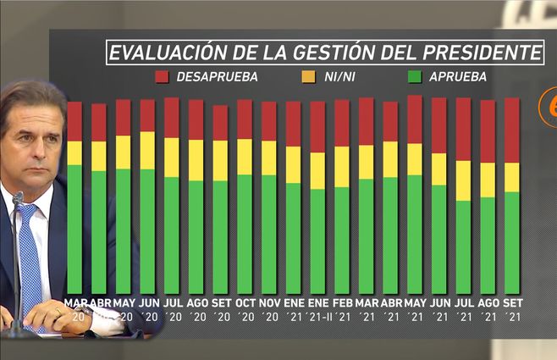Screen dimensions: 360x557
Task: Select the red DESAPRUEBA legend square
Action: [163, 77]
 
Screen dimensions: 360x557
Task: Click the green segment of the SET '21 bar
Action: [512, 241]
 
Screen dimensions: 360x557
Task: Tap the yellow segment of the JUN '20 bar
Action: [147, 151]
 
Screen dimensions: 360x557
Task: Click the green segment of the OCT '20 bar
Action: [245, 234]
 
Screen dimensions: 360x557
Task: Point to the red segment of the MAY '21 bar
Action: [415, 119]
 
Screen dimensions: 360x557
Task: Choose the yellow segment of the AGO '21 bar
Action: [488, 180]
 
